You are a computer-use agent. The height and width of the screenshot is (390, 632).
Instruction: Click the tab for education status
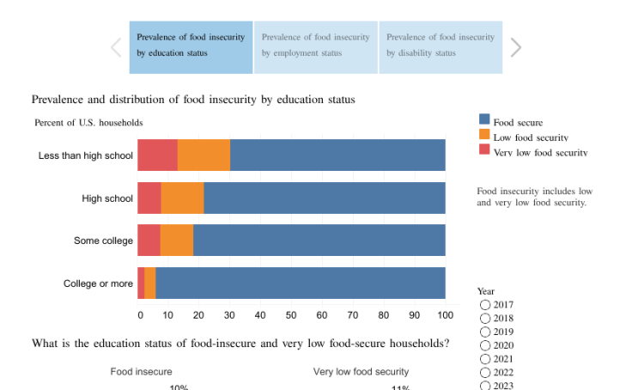[x=191, y=46]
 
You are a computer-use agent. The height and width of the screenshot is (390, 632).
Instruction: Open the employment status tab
[x=315, y=46]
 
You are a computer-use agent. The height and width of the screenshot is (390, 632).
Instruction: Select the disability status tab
[x=440, y=46]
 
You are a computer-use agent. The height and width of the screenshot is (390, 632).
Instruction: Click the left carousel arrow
[x=116, y=47]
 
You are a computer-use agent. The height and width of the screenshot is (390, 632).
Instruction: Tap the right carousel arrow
[x=515, y=47]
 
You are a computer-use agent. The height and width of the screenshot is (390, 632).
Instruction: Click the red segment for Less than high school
[x=157, y=155]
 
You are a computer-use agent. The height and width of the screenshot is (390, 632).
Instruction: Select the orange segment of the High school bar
[x=182, y=198]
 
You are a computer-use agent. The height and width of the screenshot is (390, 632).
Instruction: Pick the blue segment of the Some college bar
[x=319, y=241]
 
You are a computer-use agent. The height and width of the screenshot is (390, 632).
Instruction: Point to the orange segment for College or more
[x=150, y=283]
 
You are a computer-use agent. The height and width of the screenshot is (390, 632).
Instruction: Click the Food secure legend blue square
[x=484, y=122]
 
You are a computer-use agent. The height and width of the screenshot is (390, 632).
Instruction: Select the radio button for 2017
[x=485, y=305]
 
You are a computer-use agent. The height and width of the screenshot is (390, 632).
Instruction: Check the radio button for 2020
[x=485, y=345]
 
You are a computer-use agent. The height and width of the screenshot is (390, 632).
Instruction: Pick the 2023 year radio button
[x=485, y=386]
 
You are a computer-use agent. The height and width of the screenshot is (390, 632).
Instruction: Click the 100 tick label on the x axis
[x=445, y=315]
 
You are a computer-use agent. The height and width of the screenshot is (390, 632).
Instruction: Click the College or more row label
[x=98, y=283]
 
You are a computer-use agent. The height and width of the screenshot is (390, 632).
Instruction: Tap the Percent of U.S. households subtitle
[x=88, y=123]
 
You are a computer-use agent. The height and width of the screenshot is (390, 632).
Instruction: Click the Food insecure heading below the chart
[x=141, y=372]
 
